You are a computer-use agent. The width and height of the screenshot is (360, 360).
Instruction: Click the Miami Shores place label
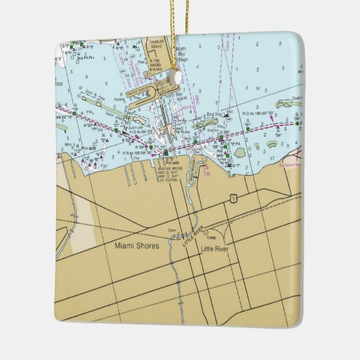pos(137,246)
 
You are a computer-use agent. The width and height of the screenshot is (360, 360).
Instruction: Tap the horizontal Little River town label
pos(216,249)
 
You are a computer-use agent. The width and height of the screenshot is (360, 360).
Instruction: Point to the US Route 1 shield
pos(233,198)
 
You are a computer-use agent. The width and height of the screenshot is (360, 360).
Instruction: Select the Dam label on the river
pos(170,231)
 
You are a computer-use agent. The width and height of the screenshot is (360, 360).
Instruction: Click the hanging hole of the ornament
pos(179,76)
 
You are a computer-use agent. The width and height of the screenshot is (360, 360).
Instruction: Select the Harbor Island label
pos(139,89)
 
